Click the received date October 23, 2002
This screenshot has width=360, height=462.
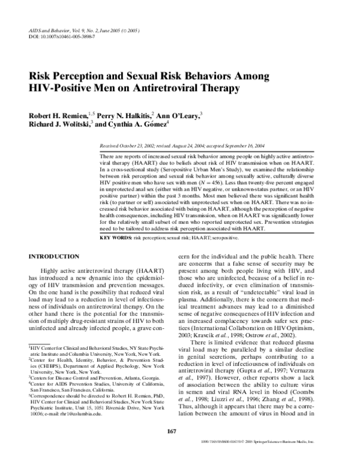(142, 146)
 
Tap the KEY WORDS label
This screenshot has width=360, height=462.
(116, 238)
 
